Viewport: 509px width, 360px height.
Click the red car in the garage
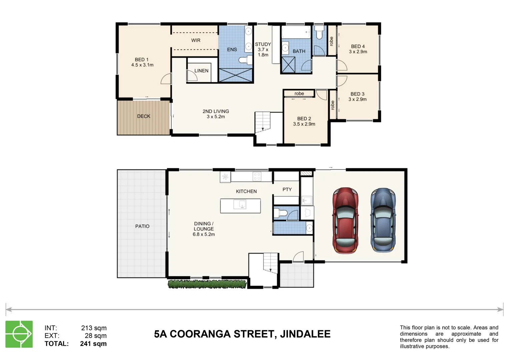coord(346,220)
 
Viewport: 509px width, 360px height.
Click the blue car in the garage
coord(383,220)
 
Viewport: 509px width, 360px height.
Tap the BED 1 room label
coord(142,60)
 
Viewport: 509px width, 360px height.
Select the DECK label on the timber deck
coord(144,116)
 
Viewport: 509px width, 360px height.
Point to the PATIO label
coord(142,226)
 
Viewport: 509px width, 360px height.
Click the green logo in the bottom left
coord(19,334)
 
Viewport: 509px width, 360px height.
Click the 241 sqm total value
coord(93,344)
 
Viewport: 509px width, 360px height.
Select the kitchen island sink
coord(240,204)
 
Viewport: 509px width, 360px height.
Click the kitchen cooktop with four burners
coord(257,176)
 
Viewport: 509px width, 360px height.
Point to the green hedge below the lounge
coord(207,284)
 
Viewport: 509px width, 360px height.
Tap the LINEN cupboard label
coord(201,71)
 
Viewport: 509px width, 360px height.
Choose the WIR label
coord(196,40)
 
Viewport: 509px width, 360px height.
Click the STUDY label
coord(263,44)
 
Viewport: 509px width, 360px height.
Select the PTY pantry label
coord(287,189)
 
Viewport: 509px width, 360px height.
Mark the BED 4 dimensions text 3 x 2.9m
coord(358,52)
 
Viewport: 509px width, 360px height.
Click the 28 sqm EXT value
coord(96,336)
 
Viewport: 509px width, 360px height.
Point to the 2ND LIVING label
coord(216,111)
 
